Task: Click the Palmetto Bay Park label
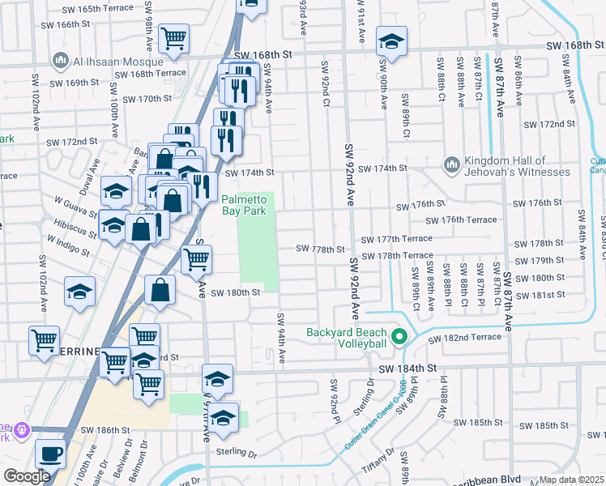244,204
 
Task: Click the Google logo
27,476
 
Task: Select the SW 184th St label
416,368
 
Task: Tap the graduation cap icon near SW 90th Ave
391,43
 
